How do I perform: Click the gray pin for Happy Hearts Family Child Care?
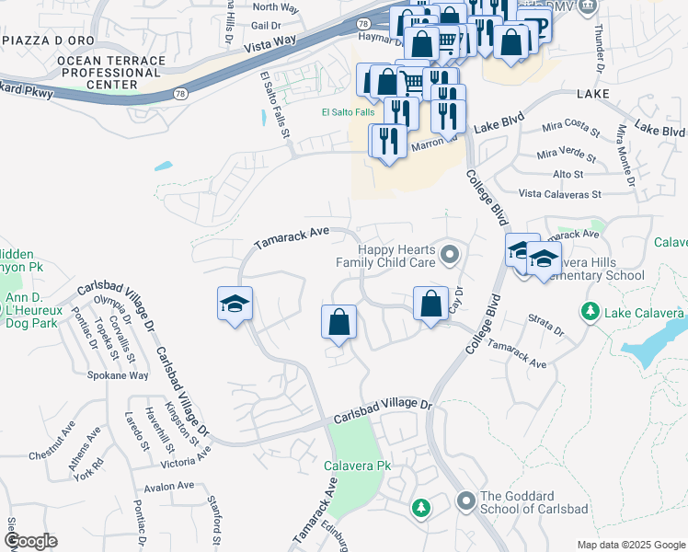449,254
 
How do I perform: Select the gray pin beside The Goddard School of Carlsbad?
465,502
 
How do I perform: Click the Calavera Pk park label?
358,466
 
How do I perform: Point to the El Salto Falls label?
348,112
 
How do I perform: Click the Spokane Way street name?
118,375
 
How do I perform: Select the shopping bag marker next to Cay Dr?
430,305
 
